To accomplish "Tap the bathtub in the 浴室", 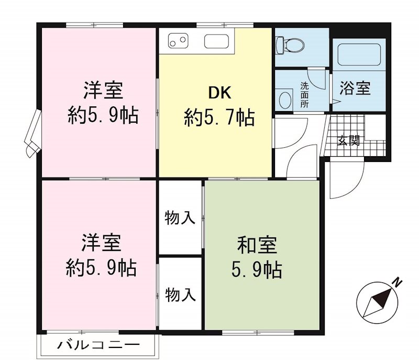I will coord(358,54).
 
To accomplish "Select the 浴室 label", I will coord(355,88).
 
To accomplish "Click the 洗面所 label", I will coord(305,94).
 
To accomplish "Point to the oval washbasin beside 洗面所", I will coord(285,100).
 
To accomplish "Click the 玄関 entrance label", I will coord(348,140).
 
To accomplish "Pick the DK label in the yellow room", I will coord(219,93).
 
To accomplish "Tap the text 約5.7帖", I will coord(219,117).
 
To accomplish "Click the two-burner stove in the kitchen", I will coord(177,40).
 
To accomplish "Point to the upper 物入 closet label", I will coord(180,217).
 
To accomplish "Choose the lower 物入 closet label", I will coord(180,294).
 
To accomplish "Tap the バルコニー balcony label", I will coord(98,345).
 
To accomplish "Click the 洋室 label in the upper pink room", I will coord(103,91).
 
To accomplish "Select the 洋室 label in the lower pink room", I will coord(101,243).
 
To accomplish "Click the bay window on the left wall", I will coord(32,133).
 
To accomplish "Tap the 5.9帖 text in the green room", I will coord(257,270).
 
